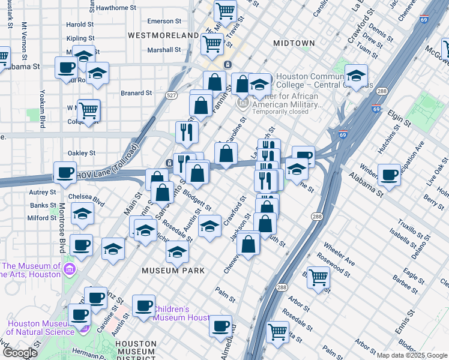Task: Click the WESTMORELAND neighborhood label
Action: (163, 36)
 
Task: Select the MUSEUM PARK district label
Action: (173, 271)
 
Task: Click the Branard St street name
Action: (136, 93)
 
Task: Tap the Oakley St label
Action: (82, 153)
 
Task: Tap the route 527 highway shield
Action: (172, 95)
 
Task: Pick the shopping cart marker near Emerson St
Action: (225, 10)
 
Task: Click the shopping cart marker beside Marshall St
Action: (212, 43)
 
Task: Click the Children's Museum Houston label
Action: (180, 313)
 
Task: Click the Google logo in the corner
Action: (20, 353)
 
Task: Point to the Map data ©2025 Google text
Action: (411, 355)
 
